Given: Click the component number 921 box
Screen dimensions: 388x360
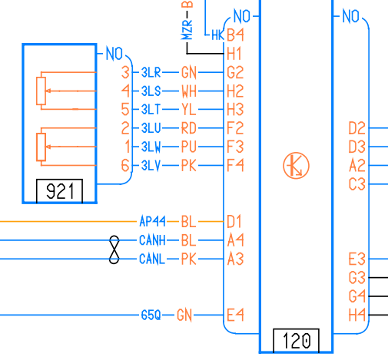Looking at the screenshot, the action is point(59,191).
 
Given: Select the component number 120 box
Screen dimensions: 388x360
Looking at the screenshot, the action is point(296,340).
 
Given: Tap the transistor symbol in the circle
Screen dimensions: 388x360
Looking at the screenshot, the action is point(296,166).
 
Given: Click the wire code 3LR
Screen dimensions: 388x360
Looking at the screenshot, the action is point(151,72).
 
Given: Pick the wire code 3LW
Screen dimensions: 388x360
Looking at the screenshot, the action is point(151,147).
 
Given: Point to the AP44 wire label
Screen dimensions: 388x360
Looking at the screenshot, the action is point(152,221).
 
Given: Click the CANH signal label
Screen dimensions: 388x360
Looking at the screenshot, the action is point(152,240).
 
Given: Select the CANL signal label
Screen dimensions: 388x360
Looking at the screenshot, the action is point(152,259).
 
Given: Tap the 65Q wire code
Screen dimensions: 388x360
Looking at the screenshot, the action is point(151,315).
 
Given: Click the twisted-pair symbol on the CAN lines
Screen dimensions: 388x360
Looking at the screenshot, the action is point(114,249).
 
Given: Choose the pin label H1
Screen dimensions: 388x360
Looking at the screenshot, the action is point(234,54).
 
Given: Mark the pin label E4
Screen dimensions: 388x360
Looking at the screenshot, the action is point(235,315).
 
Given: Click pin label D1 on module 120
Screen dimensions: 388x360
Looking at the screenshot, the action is point(234,221).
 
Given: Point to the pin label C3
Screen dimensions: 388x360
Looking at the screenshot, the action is point(356,184).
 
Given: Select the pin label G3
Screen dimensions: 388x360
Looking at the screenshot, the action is point(356,278).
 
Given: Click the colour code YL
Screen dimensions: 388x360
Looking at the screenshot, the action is point(189,110).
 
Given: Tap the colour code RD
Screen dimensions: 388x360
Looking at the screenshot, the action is point(189,128).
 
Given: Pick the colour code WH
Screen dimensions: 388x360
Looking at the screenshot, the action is point(189,91).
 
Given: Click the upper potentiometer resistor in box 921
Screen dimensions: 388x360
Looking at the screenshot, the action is point(41,91).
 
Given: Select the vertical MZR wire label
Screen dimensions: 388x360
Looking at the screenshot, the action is point(187,30).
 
